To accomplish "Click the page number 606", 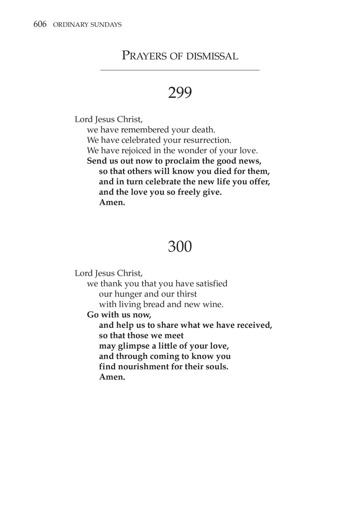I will pyautogui.click(x=40, y=24).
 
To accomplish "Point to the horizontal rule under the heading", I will pyautogui.click(x=180, y=70).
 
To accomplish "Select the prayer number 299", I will pyautogui.click(x=179, y=93).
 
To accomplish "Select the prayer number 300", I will pyautogui.click(x=179, y=247).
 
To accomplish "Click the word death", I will pyautogui.click(x=204, y=129).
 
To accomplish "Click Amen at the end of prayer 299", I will pyautogui.click(x=112, y=203).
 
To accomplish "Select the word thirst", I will pyautogui.click(x=184, y=294).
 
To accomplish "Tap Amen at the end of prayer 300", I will pyautogui.click(x=112, y=377).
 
